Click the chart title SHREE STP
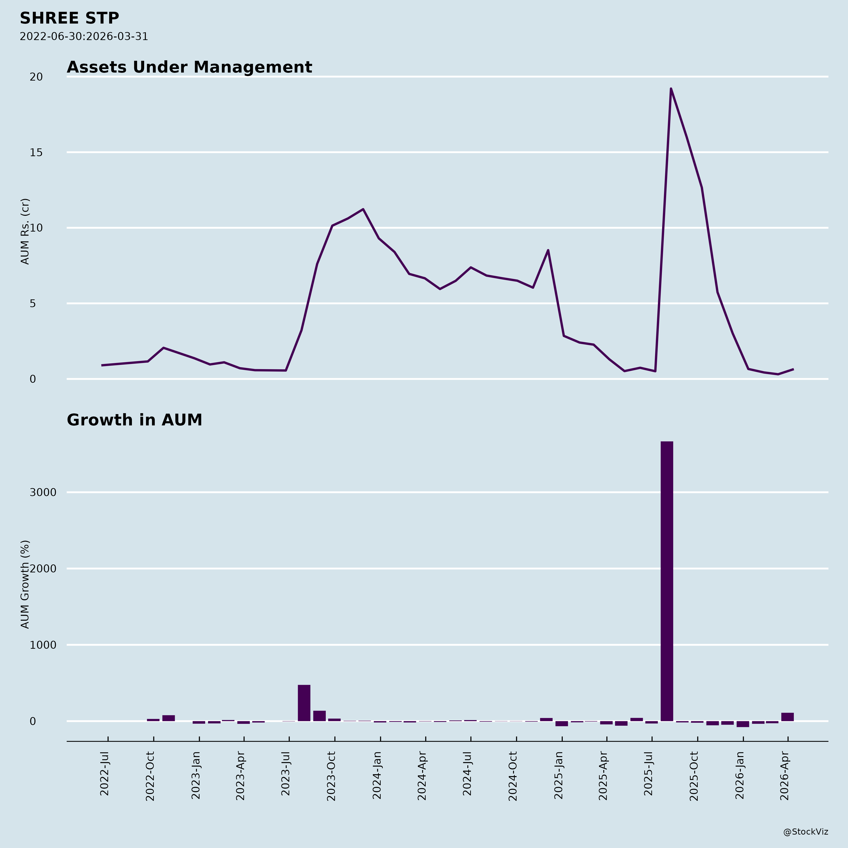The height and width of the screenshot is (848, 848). tap(69, 18)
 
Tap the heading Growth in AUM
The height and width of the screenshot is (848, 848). tap(134, 420)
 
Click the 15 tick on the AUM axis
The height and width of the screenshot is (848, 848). tap(37, 153)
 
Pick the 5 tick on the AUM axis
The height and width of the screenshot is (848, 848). tap(33, 304)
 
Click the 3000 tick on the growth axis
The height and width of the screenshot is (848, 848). tap(43, 493)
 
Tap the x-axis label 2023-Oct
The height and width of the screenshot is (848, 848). tap(331, 776)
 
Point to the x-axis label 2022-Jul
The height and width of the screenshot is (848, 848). tap(104, 776)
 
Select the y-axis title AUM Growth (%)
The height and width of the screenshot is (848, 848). tap(25, 584)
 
